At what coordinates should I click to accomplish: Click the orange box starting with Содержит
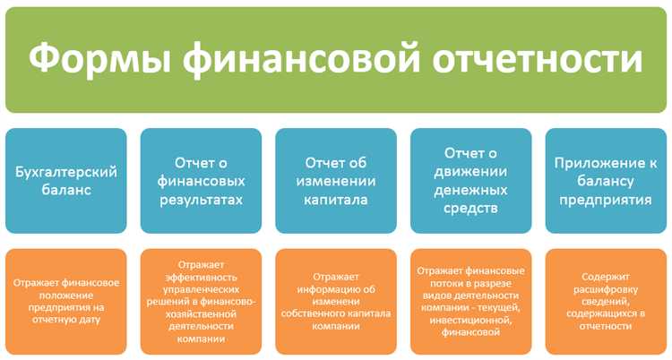(605, 302)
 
